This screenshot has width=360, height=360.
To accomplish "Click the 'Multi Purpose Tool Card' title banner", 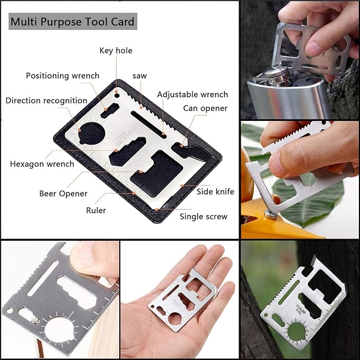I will pyautogui.click(x=73, y=22).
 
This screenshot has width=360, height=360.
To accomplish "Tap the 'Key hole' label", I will pyautogui.click(x=116, y=51).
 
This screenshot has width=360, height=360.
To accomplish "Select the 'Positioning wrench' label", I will pyautogui.click(x=63, y=76).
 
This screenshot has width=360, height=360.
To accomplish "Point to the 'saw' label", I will pyautogui.click(x=140, y=76).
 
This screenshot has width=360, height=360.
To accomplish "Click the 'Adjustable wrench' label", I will pyautogui.click(x=192, y=95).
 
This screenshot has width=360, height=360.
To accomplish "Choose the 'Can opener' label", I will pyautogui.click(x=205, y=108).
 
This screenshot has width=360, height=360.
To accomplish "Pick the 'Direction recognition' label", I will pyautogui.click(x=47, y=101).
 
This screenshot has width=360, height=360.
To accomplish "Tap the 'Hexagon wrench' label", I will pyautogui.click(x=42, y=164).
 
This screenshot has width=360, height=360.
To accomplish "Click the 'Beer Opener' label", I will pyautogui.click(x=63, y=194).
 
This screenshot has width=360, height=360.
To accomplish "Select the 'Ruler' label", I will pyautogui.click(x=96, y=210).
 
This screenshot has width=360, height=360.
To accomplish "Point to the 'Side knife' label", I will pyautogui.click(x=215, y=191).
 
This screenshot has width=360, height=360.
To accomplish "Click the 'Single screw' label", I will pyautogui.click(x=203, y=216).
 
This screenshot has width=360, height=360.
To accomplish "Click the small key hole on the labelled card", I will pyautogui.click(x=116, y=98).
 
